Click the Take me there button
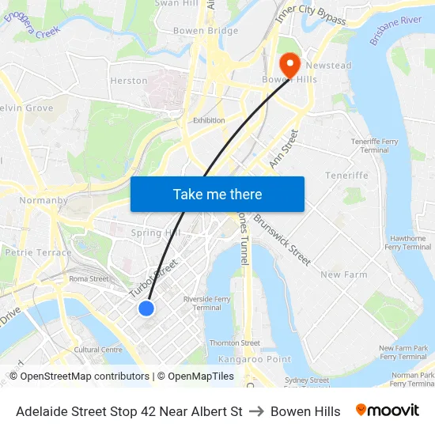(x=217, y=194)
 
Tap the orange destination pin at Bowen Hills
(x=289, y=62)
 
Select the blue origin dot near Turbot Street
(x=146, y=308)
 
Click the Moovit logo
(x=388, y=410)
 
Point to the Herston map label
(x=129, y=81)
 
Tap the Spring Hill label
(x=156, y=233)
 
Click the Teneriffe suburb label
(x=346, y=176)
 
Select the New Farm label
(x=344, y=274)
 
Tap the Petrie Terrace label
(x=38, y=253)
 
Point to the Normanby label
(x=43, y=200)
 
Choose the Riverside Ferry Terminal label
(x=207, y=303)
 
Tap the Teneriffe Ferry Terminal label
(x=374, y=145)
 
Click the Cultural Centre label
(x=98, y=349)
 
